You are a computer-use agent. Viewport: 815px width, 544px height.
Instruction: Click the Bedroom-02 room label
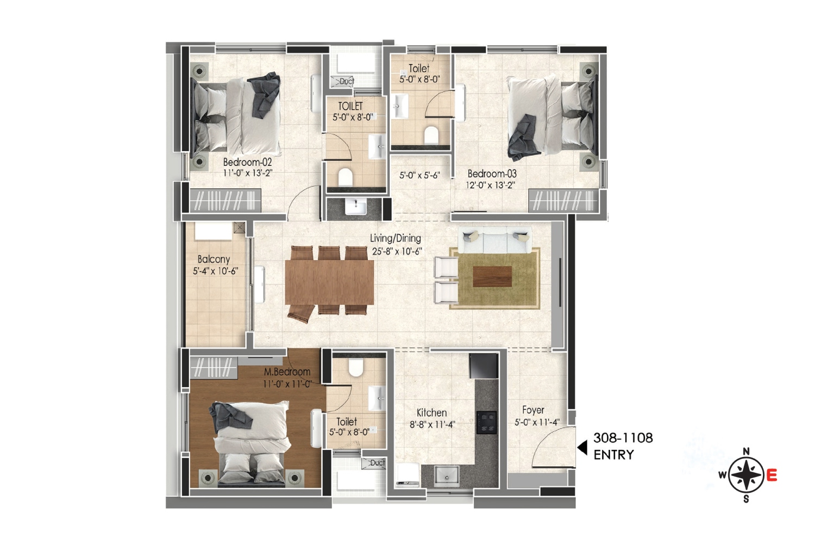[247, 162]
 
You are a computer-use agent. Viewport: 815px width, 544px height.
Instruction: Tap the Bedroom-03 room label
[492, 174]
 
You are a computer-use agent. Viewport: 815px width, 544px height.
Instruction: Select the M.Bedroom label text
[287, 372]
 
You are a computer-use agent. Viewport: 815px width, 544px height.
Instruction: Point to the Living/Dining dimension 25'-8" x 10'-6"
[397, 251]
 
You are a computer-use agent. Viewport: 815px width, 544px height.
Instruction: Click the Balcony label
[214, 259]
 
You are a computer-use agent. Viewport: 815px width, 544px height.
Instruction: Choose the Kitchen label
[431, 413]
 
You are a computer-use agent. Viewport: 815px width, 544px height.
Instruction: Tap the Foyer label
[532, 410]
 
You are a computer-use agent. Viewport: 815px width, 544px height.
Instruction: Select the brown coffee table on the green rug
[492, 276]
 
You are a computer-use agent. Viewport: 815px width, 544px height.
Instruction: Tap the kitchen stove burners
[486, 422]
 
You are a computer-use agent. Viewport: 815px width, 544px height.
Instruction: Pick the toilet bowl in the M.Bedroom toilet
[356, 368]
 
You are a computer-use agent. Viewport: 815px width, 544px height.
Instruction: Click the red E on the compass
[772, 475]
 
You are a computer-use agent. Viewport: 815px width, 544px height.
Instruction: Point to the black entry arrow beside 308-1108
[582, 447]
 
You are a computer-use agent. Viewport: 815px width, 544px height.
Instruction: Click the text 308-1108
[623, 438]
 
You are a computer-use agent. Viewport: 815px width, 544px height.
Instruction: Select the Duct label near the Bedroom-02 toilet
[347, 81]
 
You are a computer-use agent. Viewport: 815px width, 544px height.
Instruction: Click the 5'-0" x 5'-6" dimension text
[419, 175]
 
